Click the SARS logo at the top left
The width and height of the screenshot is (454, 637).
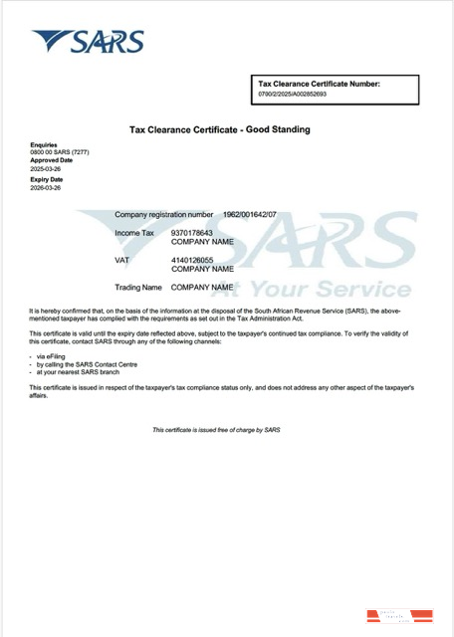[88, 42]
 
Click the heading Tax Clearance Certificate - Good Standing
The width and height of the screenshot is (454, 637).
[219, 129]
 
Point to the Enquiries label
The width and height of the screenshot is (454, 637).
[44, 144]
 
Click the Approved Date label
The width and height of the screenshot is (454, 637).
[51, 159]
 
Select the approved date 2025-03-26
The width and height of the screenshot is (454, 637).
[45, 168]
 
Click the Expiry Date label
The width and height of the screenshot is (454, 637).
[47, 179]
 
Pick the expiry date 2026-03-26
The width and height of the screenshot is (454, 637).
[45, 187]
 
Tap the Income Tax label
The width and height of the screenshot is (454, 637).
[134, 233]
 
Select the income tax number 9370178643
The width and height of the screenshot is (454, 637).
[192, 233]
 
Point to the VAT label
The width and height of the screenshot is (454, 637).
[122, 260]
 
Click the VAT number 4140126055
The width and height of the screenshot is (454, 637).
[192, 260]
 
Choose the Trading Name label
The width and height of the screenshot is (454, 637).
[137, 288]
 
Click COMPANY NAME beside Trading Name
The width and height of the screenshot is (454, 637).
[202, 288]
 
